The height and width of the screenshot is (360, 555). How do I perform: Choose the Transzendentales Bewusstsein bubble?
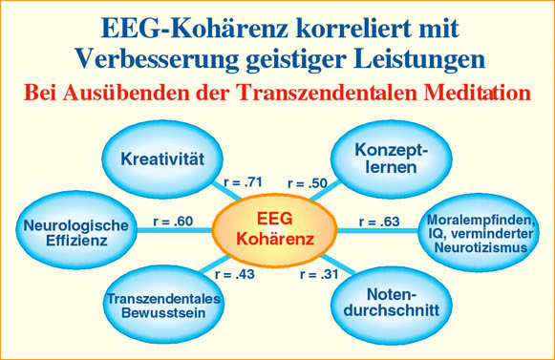[164, 307]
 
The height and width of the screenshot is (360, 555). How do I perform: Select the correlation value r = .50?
[307, 181]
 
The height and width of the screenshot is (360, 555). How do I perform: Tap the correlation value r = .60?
[173, 222]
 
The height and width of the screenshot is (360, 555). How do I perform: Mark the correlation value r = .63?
[380, 222]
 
